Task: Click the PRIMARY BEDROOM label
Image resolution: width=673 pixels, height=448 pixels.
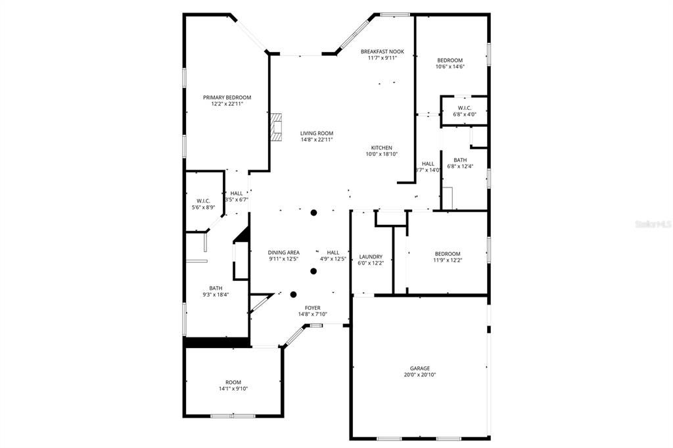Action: (227, 97)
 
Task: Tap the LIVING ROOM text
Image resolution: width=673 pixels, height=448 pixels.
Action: (317, 133)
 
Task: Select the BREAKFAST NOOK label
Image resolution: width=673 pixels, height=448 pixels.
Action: (382, 51)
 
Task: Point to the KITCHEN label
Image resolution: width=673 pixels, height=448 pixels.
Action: (381, 147)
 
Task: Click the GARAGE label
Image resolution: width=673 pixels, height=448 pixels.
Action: (420, 368)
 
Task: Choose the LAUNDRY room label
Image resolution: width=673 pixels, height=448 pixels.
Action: (371, 257)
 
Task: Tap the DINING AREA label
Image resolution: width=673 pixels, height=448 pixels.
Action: (284, 253)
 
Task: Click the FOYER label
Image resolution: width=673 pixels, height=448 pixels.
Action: (312, 307)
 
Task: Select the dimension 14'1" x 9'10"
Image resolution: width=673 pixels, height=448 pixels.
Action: (233, 389)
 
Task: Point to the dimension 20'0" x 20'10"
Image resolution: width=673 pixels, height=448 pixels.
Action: (420, 375)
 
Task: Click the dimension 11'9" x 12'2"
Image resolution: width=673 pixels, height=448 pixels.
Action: (447, 260)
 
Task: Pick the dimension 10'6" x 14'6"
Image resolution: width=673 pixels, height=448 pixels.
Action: (450, 66)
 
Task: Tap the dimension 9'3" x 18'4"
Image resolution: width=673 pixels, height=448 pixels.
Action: (216, 294)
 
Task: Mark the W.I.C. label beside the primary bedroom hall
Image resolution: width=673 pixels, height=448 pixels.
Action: (203, 201)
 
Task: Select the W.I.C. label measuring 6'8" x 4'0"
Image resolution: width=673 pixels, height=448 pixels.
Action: (464, 114)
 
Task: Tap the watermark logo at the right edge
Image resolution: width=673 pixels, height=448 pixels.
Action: (653, 224)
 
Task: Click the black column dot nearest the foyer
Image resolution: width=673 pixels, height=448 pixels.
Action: (294, 295)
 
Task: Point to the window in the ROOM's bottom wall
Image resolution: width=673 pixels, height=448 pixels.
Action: (233, 416)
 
